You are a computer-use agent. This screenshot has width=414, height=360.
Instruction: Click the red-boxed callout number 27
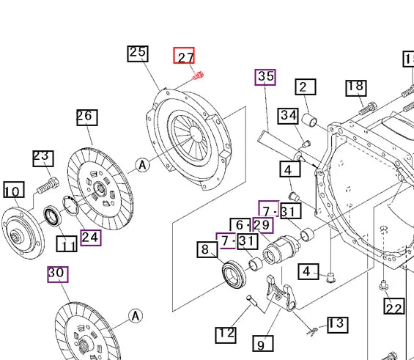click(184, 56)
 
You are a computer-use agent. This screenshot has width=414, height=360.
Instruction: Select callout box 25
click(138, 53)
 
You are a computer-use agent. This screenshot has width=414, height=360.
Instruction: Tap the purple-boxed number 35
click(265, 76)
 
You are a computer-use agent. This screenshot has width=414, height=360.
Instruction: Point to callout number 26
click(86, 117)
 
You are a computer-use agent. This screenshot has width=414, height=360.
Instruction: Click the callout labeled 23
click(42, 158)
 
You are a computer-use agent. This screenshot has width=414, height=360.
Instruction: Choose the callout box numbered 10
click(13, 191)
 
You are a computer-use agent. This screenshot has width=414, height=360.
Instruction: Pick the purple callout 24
click(91, 237)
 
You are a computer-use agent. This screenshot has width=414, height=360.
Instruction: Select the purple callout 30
click(57, 273)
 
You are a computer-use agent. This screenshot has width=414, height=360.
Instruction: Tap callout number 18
click(355, 87)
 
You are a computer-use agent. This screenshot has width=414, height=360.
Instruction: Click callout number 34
click(288, 116)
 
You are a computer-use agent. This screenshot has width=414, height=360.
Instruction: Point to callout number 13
click(336, 324)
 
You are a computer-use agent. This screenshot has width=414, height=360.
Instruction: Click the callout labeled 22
click(394, 308)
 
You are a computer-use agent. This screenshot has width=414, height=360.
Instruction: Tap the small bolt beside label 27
click(198, 74)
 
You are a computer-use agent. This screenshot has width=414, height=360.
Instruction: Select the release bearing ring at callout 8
click(234, 273)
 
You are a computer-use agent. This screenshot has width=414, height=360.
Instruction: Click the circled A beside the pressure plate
click(142, 165)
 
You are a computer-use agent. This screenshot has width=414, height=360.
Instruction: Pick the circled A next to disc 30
click(135, 316)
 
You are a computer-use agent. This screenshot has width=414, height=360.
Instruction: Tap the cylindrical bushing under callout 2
click(309, 120)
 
